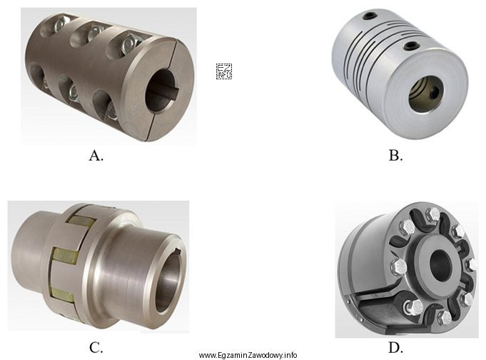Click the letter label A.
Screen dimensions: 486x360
[x=96, y=155]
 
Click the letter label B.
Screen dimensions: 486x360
[x=396, y=155]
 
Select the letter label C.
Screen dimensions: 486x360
[x=96, y=348]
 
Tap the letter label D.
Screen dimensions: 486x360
[x=396, y=348]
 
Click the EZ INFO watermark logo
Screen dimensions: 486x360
[x=224, y=71]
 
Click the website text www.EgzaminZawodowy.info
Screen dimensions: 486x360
[x=248, y=355]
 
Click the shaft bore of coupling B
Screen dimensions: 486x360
[x=426, y=94]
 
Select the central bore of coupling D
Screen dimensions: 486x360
[x=440, y=265]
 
